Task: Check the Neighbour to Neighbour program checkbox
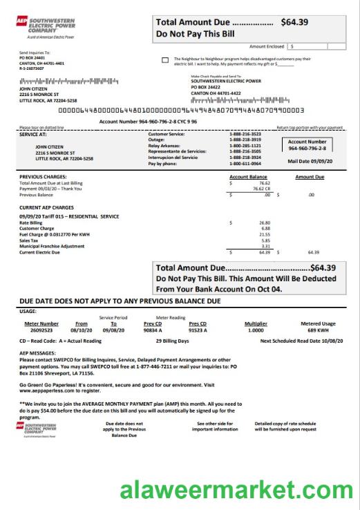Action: coord(164,60)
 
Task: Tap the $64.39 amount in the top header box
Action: coord(298,22)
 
